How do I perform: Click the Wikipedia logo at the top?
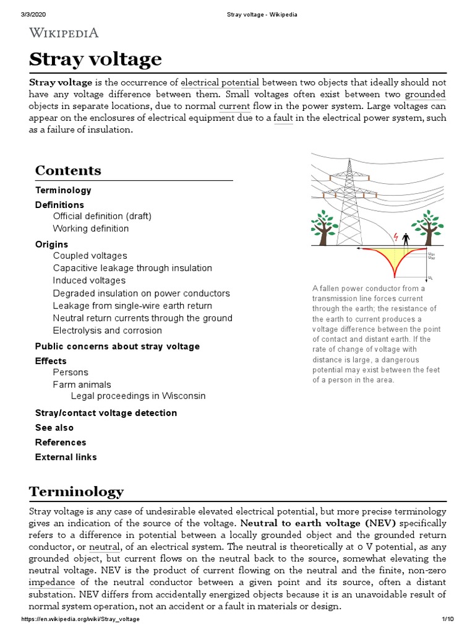tap(64, 33)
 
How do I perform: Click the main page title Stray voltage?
tap(95, 59)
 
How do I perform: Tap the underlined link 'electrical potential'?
tap(220, 82)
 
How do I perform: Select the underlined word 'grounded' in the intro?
tap(425, 95)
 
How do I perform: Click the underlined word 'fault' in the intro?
tap(283, 118)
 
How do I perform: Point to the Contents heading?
tap(68, 170)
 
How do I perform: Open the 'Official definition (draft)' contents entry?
tap(102, 216)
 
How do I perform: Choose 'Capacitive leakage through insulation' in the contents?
tap(132, 268)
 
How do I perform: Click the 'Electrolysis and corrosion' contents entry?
tap(108, 330)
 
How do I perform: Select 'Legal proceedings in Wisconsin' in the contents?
tap(138, 396)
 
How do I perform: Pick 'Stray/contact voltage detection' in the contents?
tap(106, 413)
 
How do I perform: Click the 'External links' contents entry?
tap(66, 458)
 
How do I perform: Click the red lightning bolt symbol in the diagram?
tap(396, 237)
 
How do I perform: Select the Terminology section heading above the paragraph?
tap(76, 492)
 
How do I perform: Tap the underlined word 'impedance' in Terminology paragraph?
tap(52, 583)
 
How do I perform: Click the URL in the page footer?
tap(80, 619)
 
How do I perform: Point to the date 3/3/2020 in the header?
tap(35, 14)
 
